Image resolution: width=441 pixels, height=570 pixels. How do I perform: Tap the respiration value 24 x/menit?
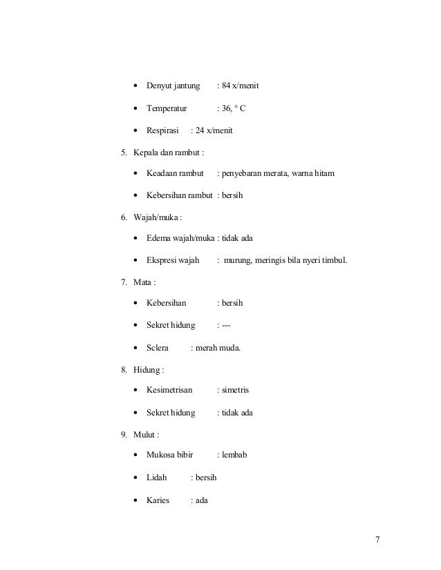pos(215,130)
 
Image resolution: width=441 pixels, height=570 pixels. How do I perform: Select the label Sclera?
pos(158,347)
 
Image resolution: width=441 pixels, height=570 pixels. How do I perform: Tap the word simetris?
pos(235,391)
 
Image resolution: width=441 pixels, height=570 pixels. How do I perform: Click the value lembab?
pos(234,456)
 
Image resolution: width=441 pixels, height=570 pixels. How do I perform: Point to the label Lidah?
pos(157,478)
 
